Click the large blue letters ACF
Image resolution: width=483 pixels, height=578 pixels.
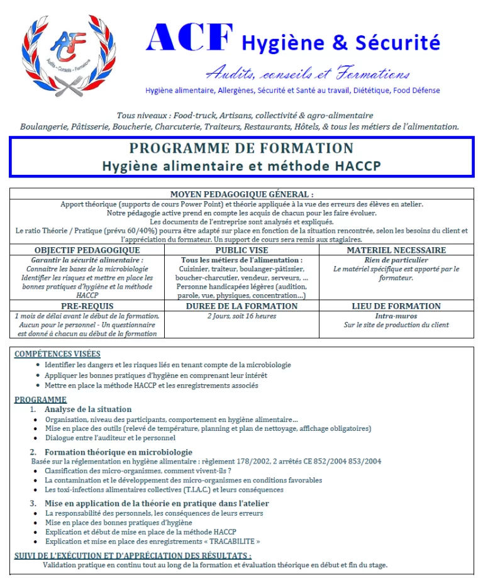click(184, 39)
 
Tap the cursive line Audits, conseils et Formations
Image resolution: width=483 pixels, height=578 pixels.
click(308, 73)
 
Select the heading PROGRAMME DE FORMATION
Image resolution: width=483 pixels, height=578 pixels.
click(241, 148)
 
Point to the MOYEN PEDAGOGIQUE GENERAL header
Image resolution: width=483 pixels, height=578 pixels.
click(241, 194)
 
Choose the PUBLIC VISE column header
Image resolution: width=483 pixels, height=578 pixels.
click(241, 250)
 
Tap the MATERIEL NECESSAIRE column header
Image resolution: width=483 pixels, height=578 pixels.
click(396, 250)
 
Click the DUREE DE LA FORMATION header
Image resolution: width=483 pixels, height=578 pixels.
click(241, 306)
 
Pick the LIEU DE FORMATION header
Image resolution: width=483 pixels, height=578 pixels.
click(396, 306)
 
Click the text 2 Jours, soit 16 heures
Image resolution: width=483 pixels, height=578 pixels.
click(241, 316)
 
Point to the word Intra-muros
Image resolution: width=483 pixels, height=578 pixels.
click(396, 316)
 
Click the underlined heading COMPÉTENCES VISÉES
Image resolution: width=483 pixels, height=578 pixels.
click(57, 354)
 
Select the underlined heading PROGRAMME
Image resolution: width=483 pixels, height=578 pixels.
click(40, 399)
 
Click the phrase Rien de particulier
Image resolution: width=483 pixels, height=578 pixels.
click(396, 260)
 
